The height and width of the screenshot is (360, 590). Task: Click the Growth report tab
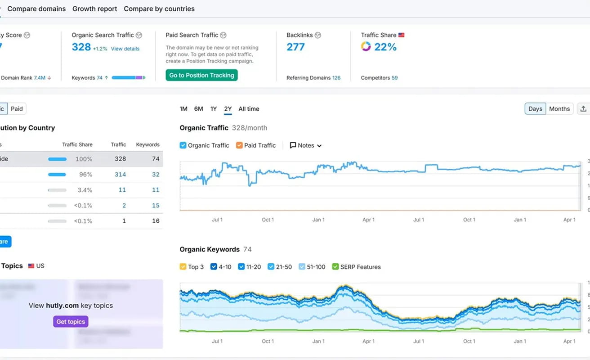94,9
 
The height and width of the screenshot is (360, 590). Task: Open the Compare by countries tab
159,9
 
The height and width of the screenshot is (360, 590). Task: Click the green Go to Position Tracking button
201,75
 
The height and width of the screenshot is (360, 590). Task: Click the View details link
125,49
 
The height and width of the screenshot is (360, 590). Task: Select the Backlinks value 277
295,47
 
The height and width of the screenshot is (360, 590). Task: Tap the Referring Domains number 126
336,78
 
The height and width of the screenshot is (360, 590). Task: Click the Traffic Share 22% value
385,47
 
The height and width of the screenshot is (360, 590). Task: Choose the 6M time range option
198,109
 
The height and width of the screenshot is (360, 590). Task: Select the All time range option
249,109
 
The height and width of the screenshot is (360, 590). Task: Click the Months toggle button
559,109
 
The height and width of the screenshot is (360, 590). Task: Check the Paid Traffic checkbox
239,145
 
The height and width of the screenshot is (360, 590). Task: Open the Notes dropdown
306,145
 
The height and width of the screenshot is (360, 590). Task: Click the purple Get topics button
71,321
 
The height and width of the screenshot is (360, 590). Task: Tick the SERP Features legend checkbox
335,267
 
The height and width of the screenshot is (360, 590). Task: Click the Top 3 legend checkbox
183,267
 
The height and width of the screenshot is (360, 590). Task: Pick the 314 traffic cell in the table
120,175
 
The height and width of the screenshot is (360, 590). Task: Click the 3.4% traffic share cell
85,190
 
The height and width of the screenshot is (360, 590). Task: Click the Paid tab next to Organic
17,109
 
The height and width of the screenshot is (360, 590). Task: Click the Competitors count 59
394,78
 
